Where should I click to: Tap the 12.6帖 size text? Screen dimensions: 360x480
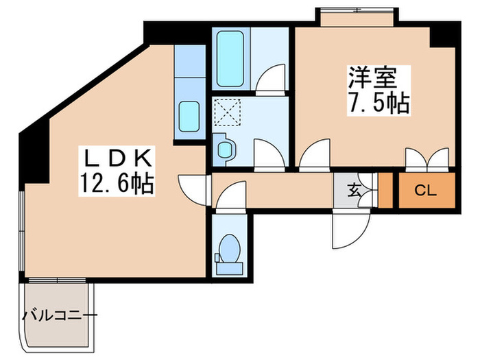[116, 184]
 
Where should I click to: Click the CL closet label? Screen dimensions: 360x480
[426, 191]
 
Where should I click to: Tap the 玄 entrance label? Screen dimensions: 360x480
[353, 191]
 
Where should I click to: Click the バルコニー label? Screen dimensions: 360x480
[60, 316]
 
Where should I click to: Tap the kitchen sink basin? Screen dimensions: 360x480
[189, 118]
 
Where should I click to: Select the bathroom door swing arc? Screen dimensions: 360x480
[269, 79]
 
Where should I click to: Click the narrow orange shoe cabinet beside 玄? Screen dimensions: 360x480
[385, 191]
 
